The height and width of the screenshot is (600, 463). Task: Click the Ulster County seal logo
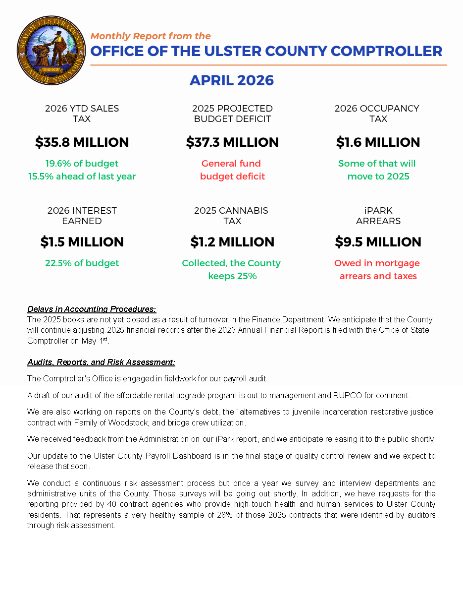point(51,50)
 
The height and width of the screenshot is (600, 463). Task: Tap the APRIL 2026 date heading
point(232,80)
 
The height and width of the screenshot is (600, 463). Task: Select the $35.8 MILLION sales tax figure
point(82,142)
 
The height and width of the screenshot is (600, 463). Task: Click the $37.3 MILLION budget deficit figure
point(232,142)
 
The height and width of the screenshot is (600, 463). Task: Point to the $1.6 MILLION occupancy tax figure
point(378,142)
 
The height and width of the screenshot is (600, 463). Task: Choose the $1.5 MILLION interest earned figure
point(82,242)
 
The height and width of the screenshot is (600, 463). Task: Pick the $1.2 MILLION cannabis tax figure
point(232,242)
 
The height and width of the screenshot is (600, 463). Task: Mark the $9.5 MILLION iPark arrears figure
point(378,242)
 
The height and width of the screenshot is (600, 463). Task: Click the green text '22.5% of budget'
point(82,263)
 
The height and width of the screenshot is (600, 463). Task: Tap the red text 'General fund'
point(231,164)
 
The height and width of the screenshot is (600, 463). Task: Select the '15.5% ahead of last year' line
point(82,177)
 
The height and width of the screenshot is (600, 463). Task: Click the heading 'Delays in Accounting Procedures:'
point(92,309)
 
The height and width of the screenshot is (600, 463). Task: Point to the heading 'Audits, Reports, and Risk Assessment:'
point(101,362)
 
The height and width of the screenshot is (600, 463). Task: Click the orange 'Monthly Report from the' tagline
point(151,36)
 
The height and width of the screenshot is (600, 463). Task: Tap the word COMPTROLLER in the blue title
point(386,51)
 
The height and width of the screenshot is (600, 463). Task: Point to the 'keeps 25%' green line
point(232,276)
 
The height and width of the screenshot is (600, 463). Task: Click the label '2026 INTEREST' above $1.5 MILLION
point(82,211)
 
